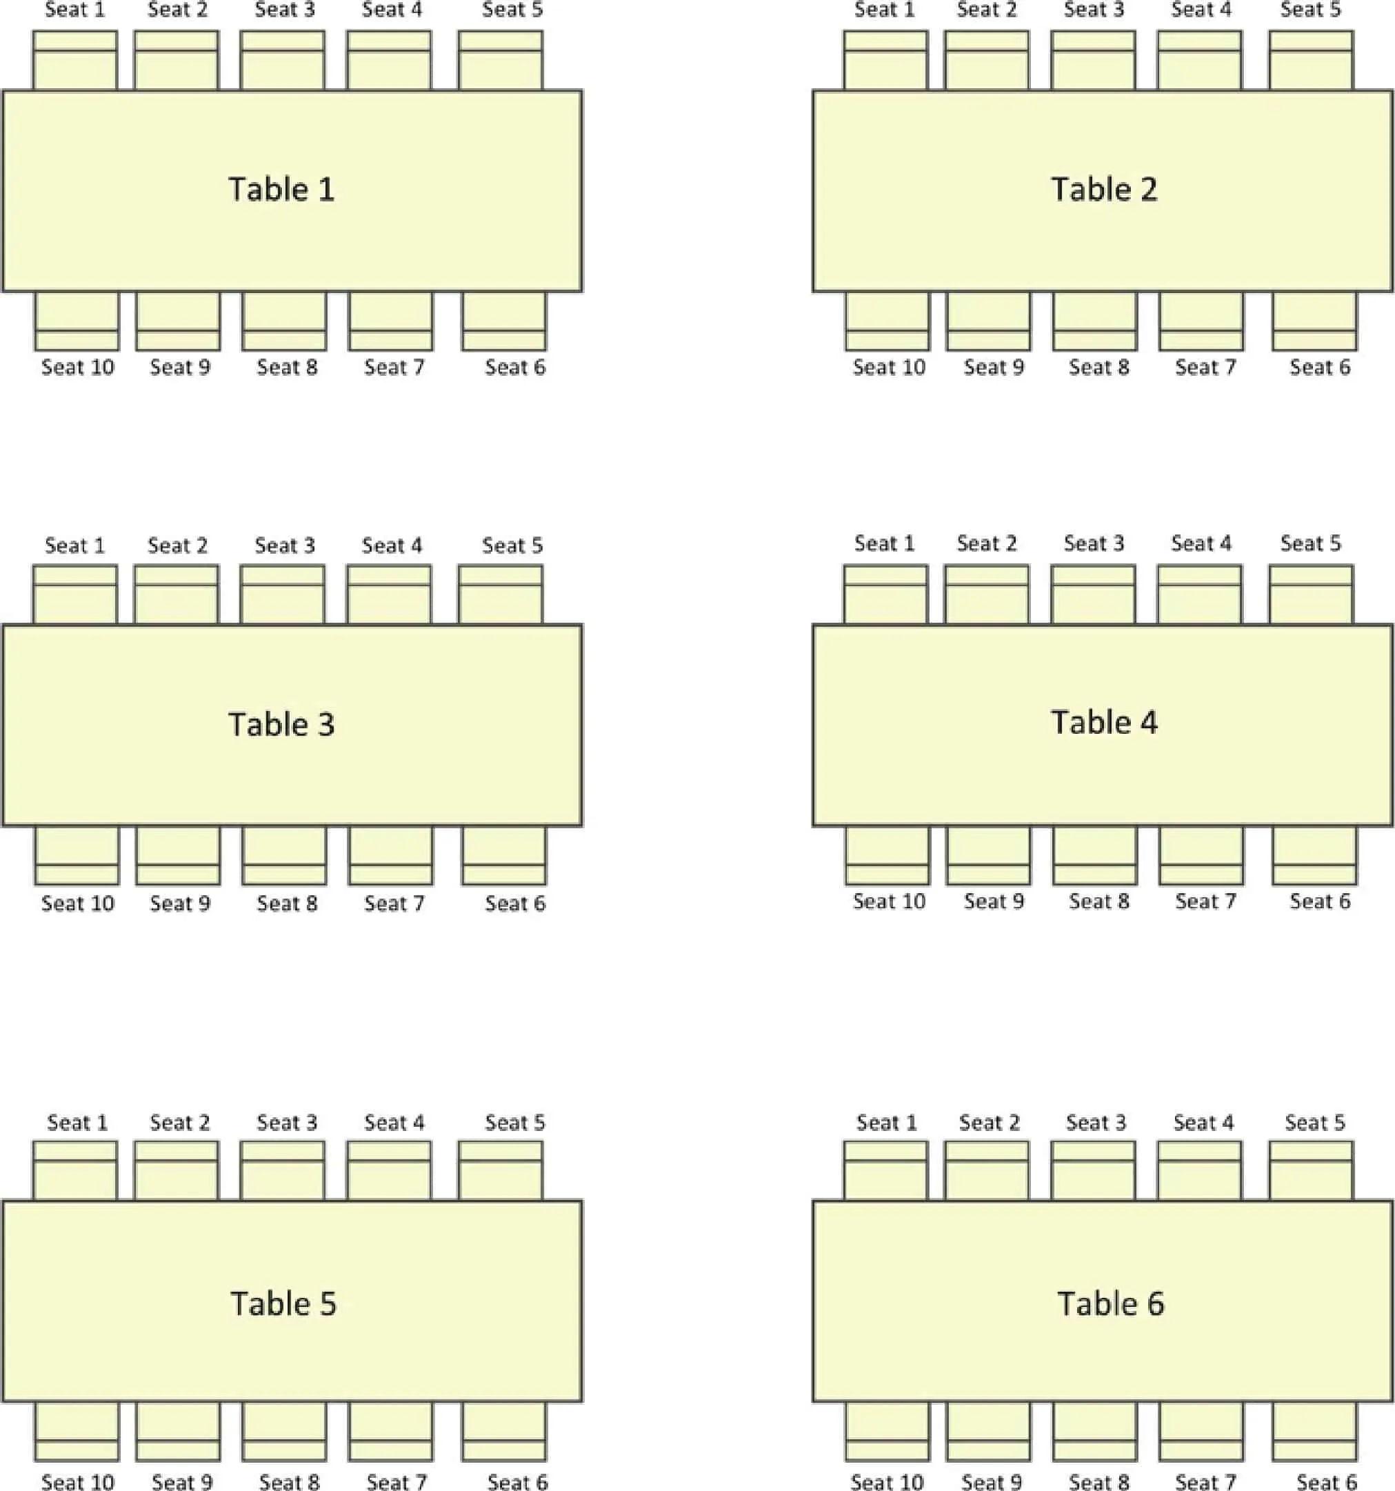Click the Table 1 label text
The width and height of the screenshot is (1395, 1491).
[281, 190]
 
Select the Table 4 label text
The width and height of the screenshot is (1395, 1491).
[1103, 722]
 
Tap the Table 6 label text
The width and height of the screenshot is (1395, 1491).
[1110, 1303]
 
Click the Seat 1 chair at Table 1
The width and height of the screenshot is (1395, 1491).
[75, 61]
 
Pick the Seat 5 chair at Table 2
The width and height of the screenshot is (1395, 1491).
[1311, 61]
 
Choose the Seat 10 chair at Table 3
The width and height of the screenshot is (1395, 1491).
[77, 855]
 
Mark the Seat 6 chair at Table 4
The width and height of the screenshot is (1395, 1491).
[1314, 855]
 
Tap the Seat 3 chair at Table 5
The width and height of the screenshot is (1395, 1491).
[283, 1171]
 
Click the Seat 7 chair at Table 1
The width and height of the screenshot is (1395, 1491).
[391, 321]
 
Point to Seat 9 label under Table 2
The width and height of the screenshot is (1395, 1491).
[994, 368]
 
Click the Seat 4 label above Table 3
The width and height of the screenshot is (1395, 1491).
[392, 546]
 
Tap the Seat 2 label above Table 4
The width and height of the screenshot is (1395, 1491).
[987, 543]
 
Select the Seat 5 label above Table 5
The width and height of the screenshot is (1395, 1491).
[514, 1123]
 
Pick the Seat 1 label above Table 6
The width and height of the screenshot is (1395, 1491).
[887, 1123]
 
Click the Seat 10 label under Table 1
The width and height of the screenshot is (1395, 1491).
[78, 368]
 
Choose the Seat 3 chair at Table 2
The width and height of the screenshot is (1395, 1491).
[1094, 61]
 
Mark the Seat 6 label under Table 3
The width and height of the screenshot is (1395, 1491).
[515, 903]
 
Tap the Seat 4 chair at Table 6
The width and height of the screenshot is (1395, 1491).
[1200, 1171]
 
